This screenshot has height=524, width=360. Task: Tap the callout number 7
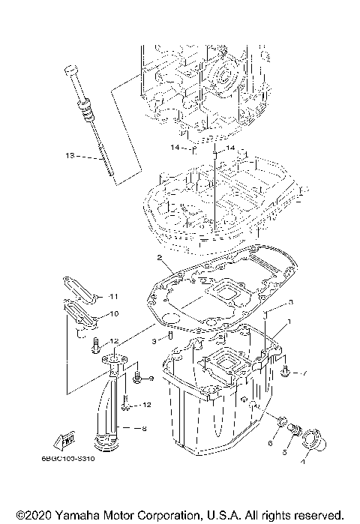(x=305, y=373)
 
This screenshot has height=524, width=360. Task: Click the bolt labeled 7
(x=286, y=371)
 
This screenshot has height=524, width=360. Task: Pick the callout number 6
(x=270, y=443)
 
